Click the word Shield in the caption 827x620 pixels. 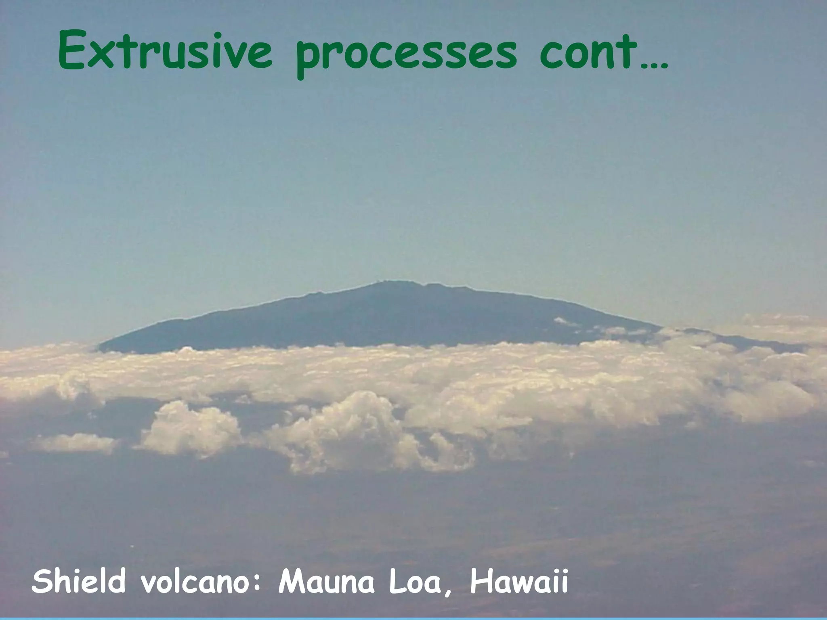78,581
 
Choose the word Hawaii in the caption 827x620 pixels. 518,581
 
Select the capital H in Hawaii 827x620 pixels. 482,581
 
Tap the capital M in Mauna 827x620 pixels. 292,581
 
